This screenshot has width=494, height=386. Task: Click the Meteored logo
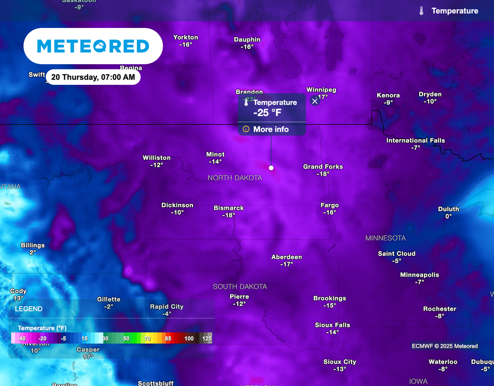[x=93, y=46]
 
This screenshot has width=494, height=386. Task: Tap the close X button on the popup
[x=315, y=101]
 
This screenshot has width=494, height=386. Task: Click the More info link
[x=271, y=129]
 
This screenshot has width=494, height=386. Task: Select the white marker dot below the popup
[x=271, y=168]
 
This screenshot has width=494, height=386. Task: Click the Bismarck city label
[x=229, y=208]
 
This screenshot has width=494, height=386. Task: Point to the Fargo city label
[x=329, y=205]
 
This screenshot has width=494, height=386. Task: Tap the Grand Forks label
[x=323, y=167]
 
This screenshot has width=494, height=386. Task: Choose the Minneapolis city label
[x=419, y=275]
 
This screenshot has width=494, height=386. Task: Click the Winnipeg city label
[x=321, y=90]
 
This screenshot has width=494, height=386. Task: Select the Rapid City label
[x=166, y=306]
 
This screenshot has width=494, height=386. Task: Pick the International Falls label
[x=415, y=141]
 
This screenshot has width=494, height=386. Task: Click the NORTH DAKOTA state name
[x=234, y=178]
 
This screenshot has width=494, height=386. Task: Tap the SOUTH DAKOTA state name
[x=240, y=287]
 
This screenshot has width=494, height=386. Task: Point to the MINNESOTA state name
[x=385, y=238]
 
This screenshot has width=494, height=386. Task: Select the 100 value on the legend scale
[x=189, y=339]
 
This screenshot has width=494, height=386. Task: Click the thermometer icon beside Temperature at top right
[x=422, y=11]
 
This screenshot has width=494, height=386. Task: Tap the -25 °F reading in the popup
[x=267, y=113]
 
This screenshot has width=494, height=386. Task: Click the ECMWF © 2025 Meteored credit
[x=444, y=346]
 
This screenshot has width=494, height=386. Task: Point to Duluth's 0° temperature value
[x=448, y=216]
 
